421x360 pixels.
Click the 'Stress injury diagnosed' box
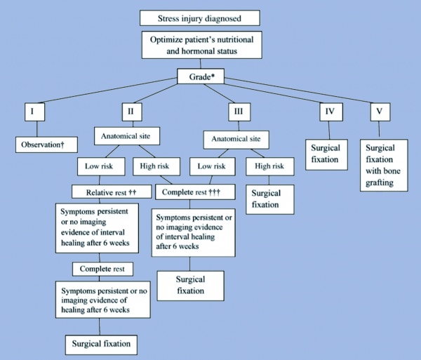(200, 18)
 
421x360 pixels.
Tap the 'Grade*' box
(200, 76)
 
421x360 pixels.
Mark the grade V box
(380, 110)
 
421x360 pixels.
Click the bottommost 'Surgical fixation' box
(101, 345)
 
